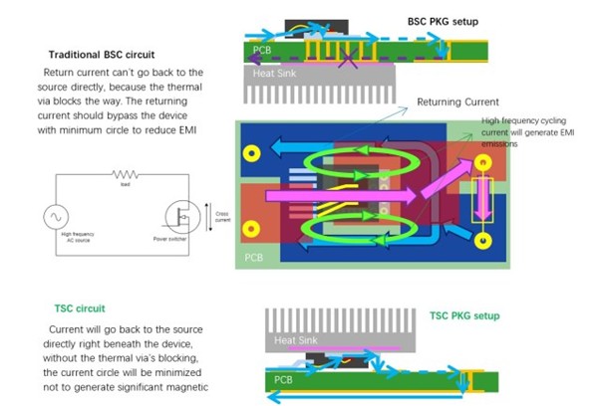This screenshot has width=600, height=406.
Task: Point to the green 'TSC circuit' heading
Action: tap(81, 308)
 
